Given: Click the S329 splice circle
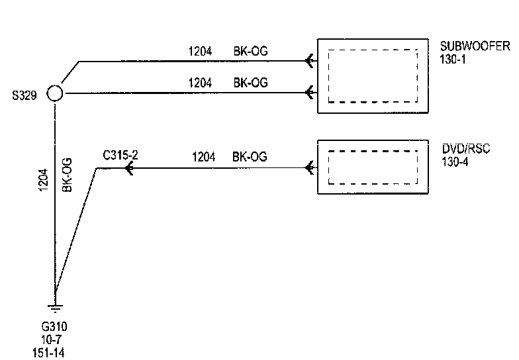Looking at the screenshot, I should tap(55, 93).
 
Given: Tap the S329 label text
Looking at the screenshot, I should tap(24, 94).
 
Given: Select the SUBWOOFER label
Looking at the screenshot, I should tap(475, 46).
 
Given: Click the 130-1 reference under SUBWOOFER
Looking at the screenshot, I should tap(453, 59).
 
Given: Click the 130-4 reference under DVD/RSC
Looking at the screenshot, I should tap(454, 161).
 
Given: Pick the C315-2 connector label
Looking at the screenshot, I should tap(120, 156).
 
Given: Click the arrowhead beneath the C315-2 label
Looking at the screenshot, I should tap(128, 169).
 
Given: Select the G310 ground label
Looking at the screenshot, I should tap(54, 327).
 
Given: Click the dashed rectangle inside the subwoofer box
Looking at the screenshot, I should tap(373, 75).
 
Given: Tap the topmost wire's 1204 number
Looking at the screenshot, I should tap(200, 50).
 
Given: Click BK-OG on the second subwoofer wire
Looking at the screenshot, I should tap(250, 83).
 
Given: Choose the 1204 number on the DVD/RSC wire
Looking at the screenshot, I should tap(204, 157).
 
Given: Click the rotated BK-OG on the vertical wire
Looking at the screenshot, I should tap(67, 175).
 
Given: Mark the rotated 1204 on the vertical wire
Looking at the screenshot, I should tap(43, 179).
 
